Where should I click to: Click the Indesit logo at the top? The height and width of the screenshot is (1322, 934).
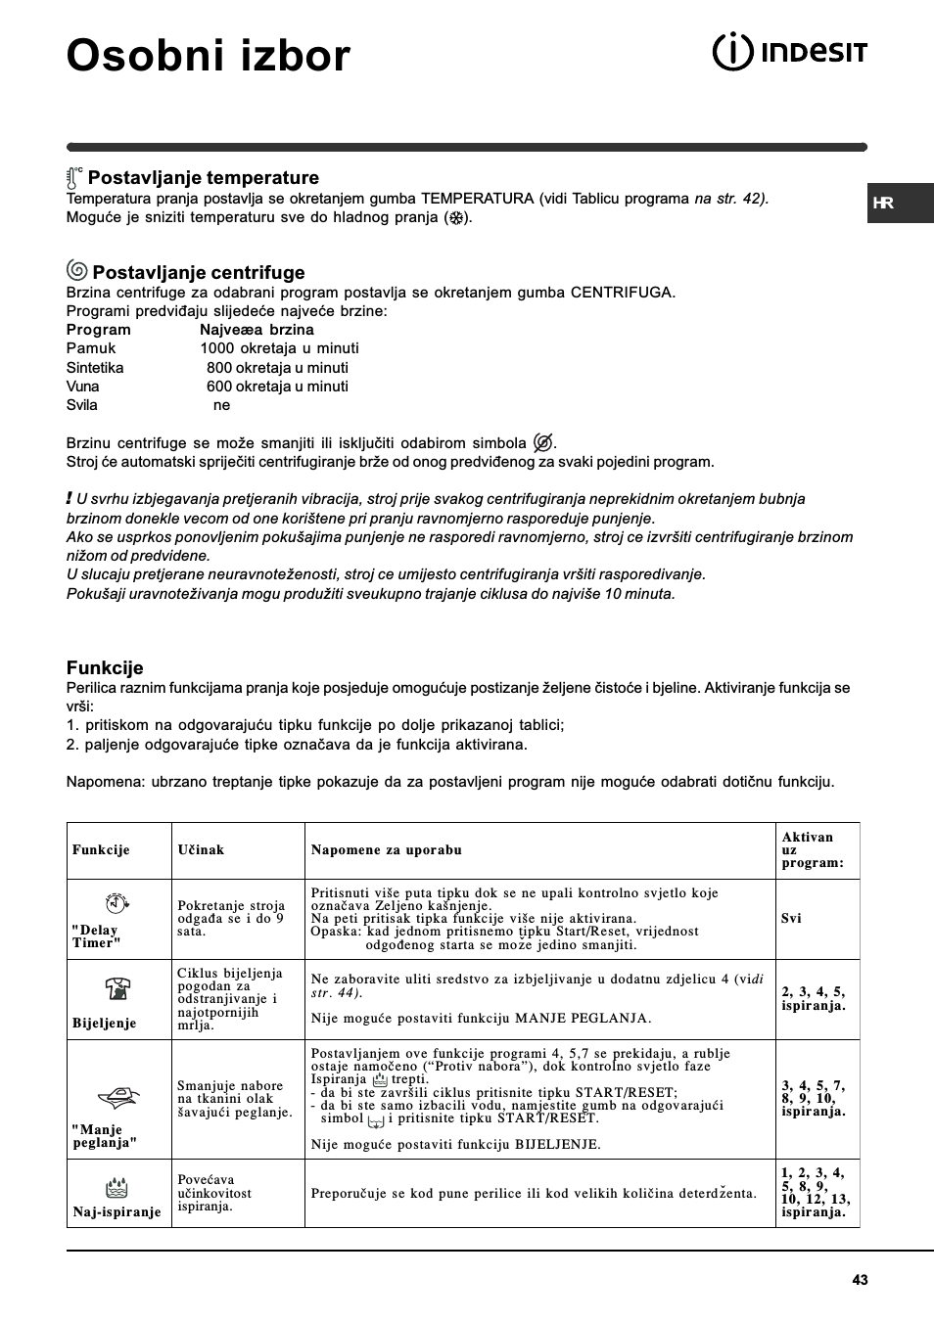coord(789,52)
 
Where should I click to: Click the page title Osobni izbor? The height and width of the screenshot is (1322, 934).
coord(208,56)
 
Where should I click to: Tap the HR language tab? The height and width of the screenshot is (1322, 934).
coord(884,204)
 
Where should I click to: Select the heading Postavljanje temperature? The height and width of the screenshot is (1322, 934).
coord(203,178)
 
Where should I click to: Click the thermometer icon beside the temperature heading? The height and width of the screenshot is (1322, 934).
coord(74,178)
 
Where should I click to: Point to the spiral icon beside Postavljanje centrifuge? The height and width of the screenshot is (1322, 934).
coord(76,271)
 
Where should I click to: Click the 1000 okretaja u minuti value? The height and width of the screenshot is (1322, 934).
coord(279,348)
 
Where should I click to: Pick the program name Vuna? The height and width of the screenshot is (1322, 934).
coord(82,387)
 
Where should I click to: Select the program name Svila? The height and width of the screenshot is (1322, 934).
coord(81,405)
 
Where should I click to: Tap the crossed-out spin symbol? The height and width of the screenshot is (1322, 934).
coord(542,442)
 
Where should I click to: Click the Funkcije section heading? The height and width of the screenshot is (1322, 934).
coord(105,667)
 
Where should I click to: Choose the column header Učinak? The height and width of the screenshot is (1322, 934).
coord(201,850)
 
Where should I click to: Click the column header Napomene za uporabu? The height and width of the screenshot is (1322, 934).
coord(386,850)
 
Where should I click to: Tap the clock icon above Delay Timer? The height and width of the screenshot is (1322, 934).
coord(117,903)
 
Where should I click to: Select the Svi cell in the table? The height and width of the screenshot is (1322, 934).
coord(791,919)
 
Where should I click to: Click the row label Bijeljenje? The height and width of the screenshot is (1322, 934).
coord(104,1024)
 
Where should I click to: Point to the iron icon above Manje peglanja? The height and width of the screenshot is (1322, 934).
coord(117,1098)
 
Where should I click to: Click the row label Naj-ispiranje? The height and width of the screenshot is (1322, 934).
coord(117,1212)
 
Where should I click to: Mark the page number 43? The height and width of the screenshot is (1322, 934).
coord(860,1280)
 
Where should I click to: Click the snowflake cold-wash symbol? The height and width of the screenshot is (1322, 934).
coord(455,218)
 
